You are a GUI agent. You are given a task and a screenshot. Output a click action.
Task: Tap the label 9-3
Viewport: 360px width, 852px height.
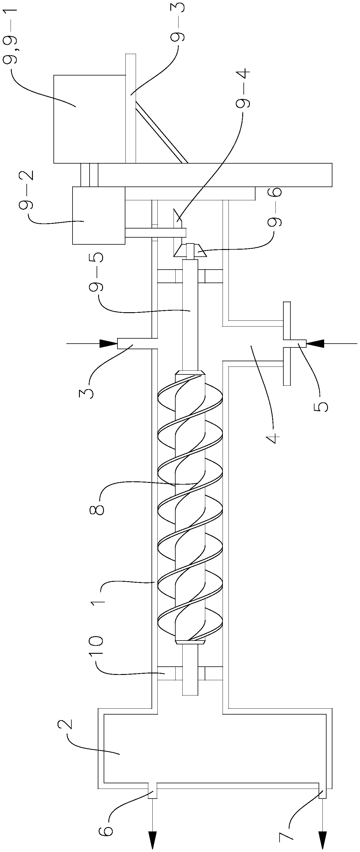178,23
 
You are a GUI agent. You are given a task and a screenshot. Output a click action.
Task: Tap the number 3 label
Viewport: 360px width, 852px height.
86,391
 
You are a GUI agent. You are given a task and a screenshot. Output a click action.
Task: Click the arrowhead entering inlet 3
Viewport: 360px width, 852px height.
108,344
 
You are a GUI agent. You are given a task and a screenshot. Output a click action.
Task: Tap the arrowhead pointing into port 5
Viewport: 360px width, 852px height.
315,344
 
